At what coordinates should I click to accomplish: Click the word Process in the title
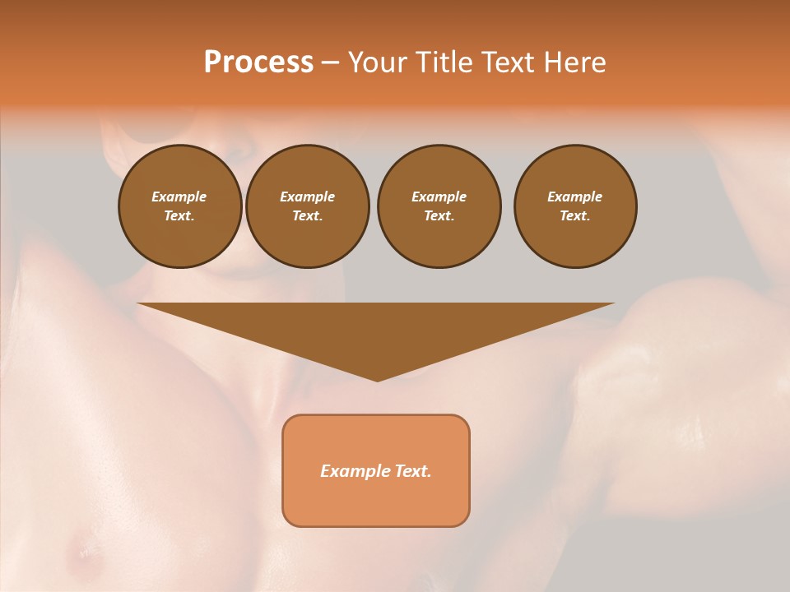(258, 62)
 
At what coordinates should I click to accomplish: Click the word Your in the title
(376, 62)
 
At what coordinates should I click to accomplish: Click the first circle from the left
(179, 206)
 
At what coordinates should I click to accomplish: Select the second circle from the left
(307, 206)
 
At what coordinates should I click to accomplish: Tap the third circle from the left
(439, 206)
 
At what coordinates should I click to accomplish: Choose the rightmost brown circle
(574, 206)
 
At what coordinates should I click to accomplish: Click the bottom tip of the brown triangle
(377, 379)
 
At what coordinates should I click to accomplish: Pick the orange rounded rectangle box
(376, 470)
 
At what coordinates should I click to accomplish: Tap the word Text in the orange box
(413, 471)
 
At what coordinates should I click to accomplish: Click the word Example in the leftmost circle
(179, 197)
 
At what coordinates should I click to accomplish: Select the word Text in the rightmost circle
(574, 216)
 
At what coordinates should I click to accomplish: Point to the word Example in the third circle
(439, 197)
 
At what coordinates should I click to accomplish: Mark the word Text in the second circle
(307, 216)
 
